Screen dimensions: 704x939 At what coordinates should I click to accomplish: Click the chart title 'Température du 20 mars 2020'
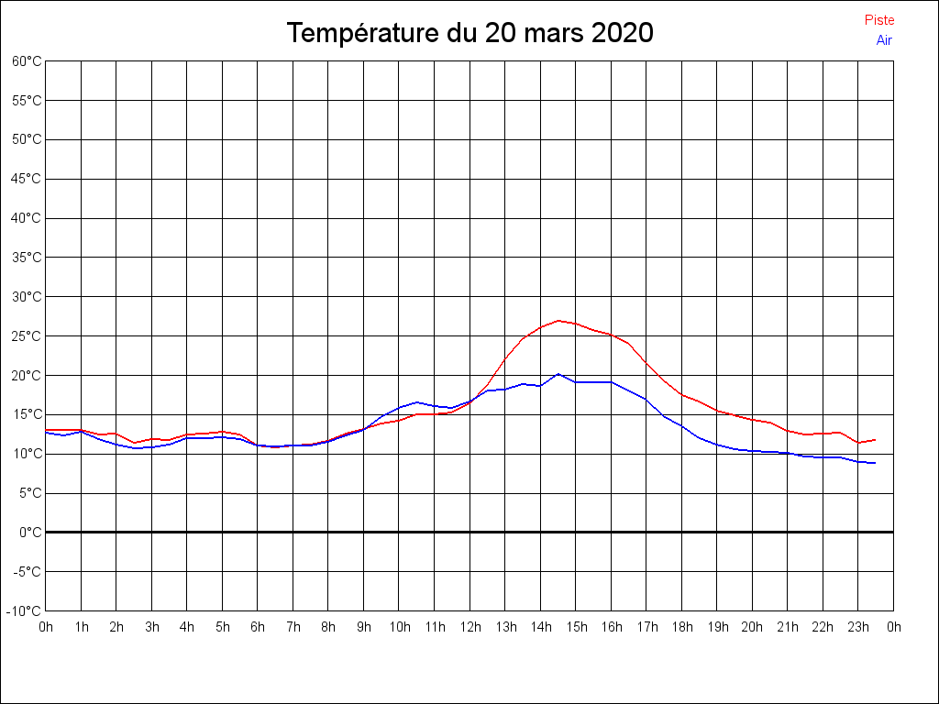[469, 33]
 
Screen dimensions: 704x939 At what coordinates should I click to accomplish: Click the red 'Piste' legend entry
[879, 20]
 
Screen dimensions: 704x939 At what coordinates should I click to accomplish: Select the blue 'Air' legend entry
[884, 40]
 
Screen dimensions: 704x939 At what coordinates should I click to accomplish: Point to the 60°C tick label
[27, 61]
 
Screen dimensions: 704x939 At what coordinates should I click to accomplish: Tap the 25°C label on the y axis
[27, 336]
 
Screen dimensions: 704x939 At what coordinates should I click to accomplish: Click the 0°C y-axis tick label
[30, 533]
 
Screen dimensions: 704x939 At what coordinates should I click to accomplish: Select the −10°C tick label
[25, 611]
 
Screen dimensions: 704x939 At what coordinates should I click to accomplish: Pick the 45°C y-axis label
[27, 179]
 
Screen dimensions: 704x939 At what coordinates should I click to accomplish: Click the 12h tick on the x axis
[470, 627]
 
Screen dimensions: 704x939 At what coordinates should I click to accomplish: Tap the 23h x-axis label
[858, 627]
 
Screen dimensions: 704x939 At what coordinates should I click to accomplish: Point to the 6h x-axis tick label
[258, 627]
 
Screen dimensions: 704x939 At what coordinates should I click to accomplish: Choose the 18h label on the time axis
[682, 627]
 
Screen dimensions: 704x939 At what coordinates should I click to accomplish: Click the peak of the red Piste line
[558, 321]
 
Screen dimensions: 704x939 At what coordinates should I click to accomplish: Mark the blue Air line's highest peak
[558, 374]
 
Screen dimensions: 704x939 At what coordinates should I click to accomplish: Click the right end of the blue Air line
[876, 463]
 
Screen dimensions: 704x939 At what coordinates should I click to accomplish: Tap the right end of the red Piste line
[876, 440]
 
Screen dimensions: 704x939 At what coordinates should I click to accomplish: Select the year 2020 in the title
[622, 33]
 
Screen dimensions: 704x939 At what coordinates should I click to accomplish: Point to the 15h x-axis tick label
[576, 627]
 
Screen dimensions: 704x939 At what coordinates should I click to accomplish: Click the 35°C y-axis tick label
[27, 258]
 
